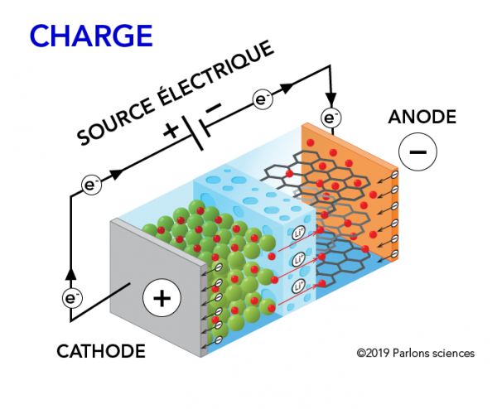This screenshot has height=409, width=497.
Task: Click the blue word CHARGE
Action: [91, 36]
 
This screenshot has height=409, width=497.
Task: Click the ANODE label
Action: [422, 118]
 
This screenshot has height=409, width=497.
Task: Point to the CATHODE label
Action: [100, 352]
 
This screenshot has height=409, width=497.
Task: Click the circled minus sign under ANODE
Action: [417, 152]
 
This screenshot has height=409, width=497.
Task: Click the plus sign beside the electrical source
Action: [172, 129]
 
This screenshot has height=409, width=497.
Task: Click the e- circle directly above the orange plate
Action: [331, 118]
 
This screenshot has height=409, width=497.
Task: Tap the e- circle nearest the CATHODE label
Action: [72, 296]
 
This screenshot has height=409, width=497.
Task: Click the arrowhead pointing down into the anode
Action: [331, 95]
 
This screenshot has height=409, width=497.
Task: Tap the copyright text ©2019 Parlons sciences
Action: [415, 354]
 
